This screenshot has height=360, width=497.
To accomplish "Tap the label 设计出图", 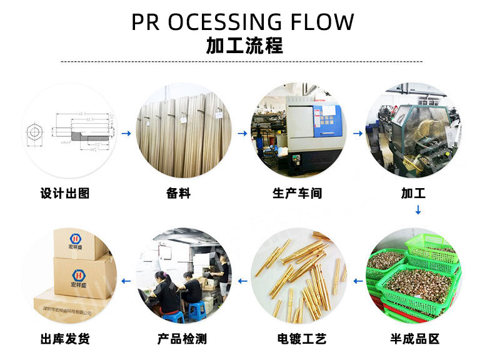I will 65,193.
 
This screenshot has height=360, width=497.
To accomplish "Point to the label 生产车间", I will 298,193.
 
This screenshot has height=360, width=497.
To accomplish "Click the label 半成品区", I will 414,339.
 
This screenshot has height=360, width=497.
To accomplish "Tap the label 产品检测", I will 182,339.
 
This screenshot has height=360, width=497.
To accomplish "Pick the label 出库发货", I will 65,339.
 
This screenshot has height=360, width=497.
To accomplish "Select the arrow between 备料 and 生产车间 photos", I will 243,133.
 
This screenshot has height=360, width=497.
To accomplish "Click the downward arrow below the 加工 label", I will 418,210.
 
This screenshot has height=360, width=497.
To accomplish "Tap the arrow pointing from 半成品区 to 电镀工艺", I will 358,281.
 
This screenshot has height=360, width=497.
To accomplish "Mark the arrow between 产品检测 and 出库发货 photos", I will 126,281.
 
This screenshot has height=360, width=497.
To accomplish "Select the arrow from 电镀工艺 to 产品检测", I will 243,281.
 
